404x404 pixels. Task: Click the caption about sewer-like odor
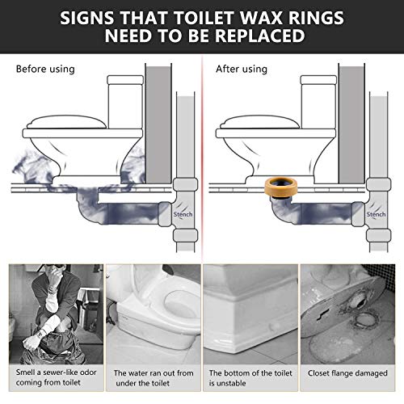click(53, 380)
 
